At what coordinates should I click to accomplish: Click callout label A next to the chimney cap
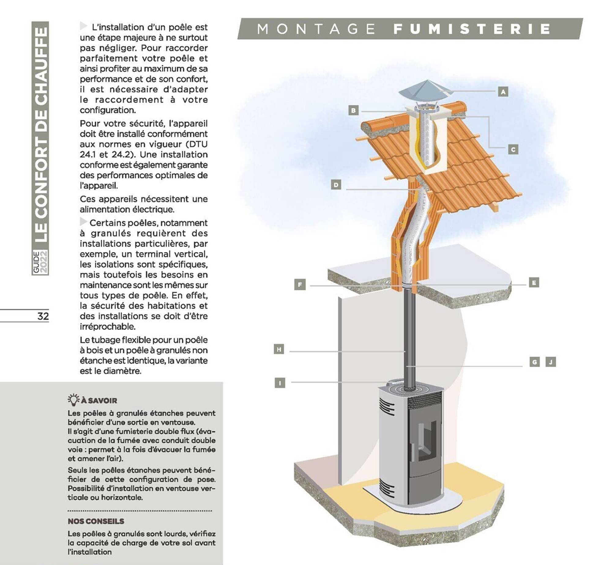[503, 91]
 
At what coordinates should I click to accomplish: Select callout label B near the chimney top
[353, 110]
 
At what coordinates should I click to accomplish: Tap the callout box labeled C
[513, 149]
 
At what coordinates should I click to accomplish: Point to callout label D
[336, 185]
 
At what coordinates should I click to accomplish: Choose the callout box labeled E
[534, 282]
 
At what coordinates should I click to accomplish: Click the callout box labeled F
[300, 285]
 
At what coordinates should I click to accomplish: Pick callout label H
[279, 349]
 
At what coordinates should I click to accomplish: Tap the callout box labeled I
[280, 382]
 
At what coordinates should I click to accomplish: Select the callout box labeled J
[551, 362]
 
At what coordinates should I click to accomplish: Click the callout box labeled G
[534, 362]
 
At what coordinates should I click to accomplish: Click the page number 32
[43, 316]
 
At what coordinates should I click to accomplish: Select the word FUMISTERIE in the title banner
[472, 29]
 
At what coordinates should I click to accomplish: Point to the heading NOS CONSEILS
[96, 521]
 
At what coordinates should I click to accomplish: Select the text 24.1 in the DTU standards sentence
[88, 154]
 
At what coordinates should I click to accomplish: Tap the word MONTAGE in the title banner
[316, 29]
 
